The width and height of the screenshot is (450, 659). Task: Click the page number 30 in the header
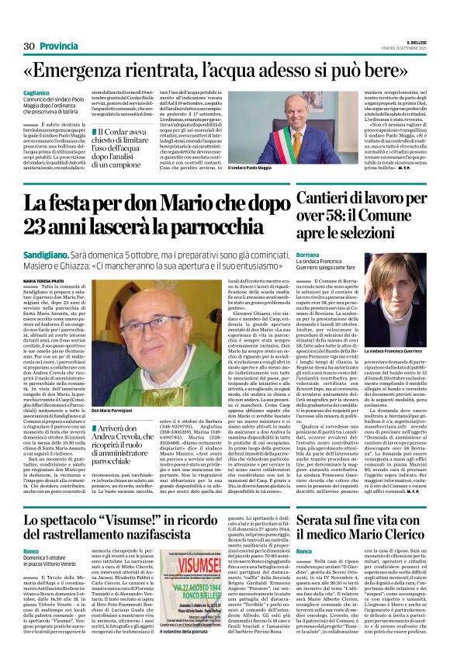tap(29, 46)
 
